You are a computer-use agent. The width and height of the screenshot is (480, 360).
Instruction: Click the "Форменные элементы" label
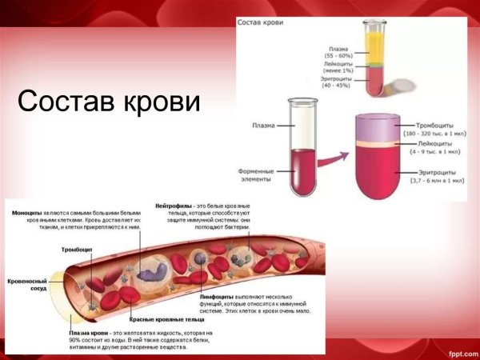pos(262,176)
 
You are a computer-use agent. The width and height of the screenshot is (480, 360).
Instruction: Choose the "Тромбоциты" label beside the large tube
pos(437,126)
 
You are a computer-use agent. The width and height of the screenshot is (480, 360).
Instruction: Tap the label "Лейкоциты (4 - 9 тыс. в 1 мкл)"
pos(438,147)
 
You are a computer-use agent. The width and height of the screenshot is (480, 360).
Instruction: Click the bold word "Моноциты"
pos(28,212)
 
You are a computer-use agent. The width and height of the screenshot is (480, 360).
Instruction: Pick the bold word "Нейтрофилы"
pos(171,206)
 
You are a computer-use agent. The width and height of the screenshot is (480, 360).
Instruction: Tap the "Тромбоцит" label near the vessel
pos(78,250)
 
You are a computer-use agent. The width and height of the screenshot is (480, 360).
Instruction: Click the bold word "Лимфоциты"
pos(216,296)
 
